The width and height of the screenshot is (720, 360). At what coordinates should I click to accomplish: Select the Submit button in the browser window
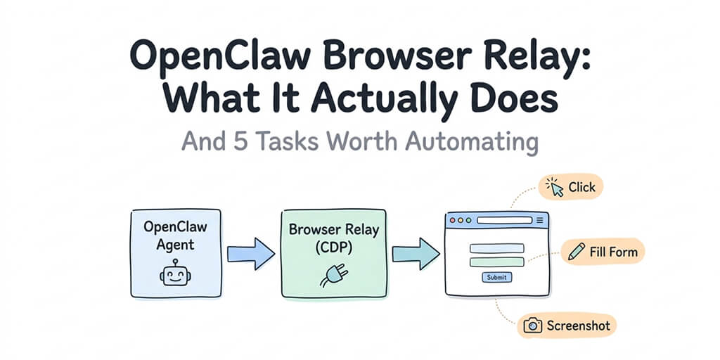496,277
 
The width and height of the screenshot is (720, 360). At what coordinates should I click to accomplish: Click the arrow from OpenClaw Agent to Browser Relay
250,252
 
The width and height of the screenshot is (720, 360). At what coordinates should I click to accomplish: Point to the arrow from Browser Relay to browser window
415,252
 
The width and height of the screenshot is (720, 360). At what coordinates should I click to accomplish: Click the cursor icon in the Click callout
556,188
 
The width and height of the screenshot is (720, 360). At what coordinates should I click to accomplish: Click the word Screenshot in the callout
578,326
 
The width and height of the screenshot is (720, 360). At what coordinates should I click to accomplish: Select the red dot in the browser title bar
452,220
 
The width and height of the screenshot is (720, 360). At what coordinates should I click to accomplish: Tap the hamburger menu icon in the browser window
539,220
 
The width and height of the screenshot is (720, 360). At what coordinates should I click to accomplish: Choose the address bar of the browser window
505,220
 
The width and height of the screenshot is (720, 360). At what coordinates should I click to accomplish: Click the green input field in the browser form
496,262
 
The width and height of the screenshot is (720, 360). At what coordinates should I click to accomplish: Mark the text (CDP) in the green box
333,248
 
